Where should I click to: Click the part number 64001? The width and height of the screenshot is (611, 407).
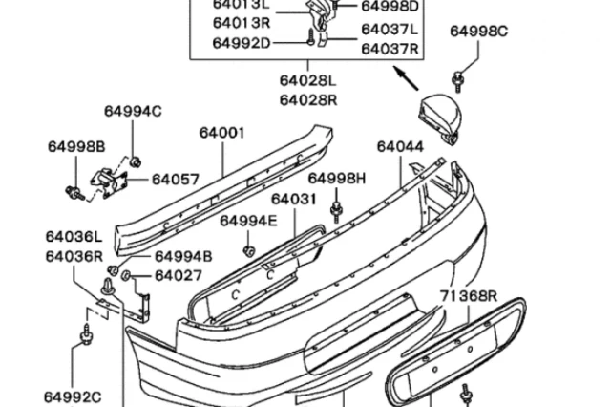pos(222,133)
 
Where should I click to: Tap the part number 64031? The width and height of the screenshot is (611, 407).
pos(293,199)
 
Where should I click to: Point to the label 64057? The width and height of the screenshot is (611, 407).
pos(176,179)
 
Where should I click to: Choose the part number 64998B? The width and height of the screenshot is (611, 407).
pos(75,146)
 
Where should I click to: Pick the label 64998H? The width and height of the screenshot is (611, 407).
pos(337,179)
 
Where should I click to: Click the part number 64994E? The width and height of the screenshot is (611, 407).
pos(248,221)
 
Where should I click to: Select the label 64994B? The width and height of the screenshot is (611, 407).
pos(183,256)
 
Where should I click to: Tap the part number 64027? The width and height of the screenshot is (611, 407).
pos(179,276)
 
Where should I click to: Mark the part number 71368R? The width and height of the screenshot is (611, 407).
pos(469,296)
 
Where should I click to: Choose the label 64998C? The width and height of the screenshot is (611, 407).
pos(479,31)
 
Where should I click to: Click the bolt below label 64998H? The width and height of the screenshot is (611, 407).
pos(337,209)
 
